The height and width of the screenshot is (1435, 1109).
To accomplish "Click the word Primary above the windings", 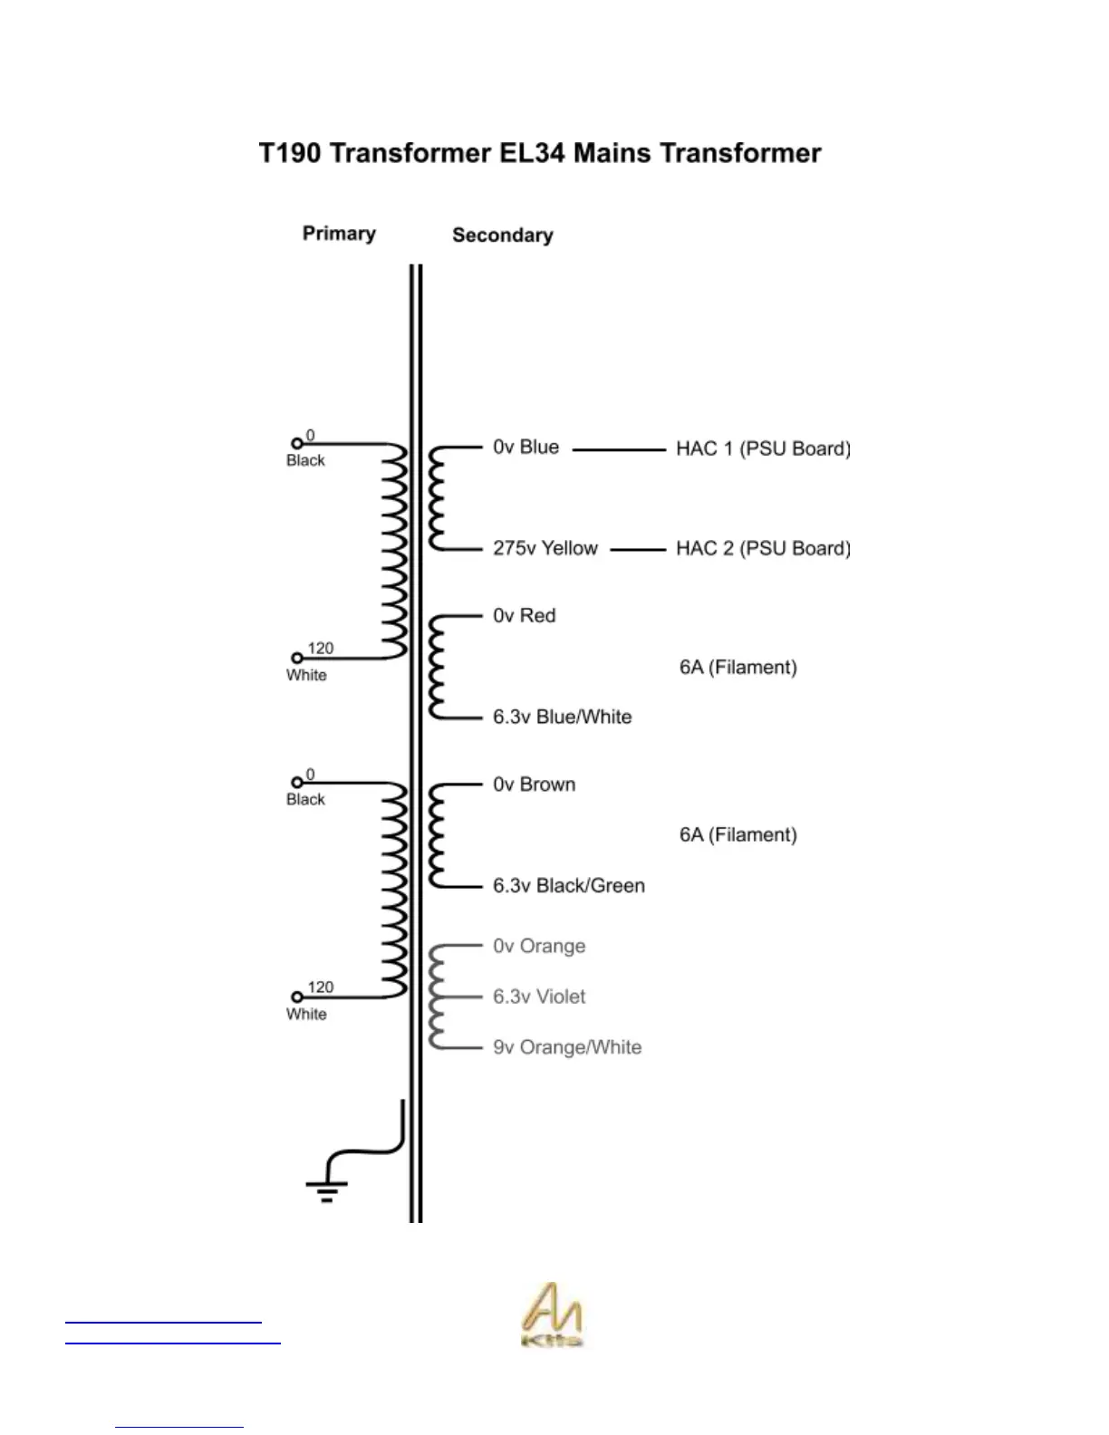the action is (x=339, y=234).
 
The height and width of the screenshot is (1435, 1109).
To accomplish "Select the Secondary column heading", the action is (x=502, y=236).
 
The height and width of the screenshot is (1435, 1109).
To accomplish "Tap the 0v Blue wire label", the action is (x=526, y=448).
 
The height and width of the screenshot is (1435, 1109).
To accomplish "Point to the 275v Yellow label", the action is (x=545, y=548).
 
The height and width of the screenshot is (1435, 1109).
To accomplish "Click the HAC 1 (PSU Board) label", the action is (x=763, y=448).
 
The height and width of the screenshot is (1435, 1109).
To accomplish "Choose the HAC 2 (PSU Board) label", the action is (x=763, y=548).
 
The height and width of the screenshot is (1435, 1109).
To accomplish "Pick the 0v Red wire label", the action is (x=524, y=616).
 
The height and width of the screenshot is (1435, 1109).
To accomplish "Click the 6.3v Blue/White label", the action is (x=562, y=717).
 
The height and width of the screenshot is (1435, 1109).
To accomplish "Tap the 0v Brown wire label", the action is (x=534, y=785).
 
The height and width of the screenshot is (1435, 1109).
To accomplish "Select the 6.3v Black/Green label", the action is (x=568, y=885).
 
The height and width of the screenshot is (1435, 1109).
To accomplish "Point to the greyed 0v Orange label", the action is (x=539, y=947).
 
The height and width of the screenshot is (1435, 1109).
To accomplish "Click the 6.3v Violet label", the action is (x=539, y=997).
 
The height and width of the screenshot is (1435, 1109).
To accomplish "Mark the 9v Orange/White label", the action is (x=567, y=1047).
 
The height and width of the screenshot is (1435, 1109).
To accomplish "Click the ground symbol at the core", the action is (x=326, y=1187).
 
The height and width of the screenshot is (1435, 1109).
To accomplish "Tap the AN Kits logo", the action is (x=553, y=1315).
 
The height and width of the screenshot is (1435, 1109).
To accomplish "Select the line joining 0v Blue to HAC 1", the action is (x=619, y=448).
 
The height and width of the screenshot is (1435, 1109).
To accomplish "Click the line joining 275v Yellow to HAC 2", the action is (x=638, y=549).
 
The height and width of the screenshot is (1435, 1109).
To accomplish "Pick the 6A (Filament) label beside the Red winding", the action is (x=738, y=668).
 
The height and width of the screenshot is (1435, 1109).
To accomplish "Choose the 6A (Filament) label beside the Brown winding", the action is (x=738, y=835).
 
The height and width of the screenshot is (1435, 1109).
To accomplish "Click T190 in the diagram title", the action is (x=289, y=153).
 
